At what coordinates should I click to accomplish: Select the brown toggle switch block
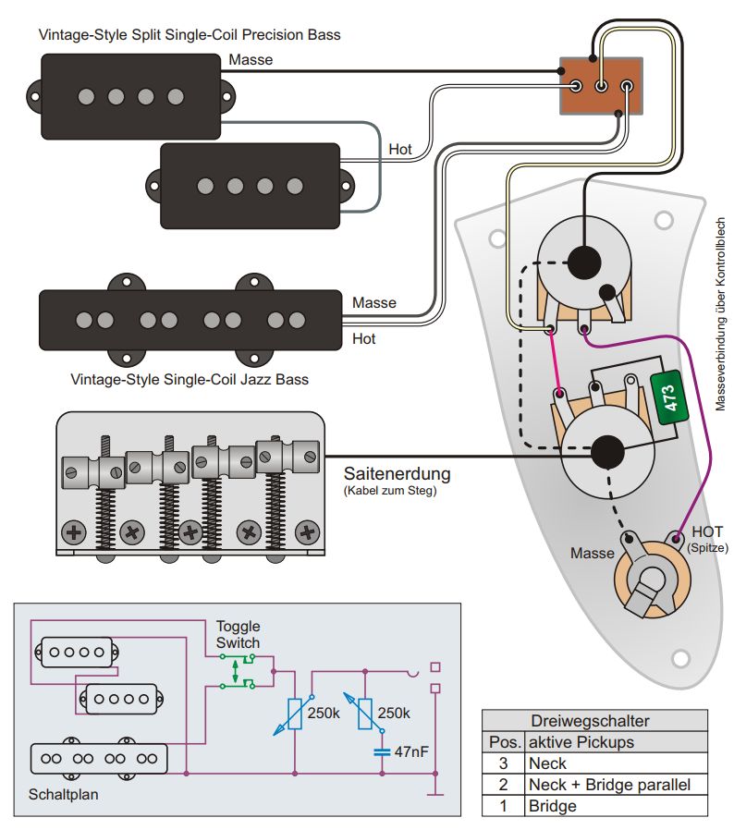[601, 87]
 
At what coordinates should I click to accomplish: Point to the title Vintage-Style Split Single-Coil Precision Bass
[190, 35]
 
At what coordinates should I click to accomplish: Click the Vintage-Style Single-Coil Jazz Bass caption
[190, 379]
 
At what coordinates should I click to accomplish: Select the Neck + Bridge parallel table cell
[610, 785]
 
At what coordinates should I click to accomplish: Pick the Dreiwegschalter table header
[594, 721]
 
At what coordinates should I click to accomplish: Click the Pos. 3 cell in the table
[504, 763]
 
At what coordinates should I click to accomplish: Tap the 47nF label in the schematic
[412, 751]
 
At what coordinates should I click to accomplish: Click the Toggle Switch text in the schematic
[238, 634]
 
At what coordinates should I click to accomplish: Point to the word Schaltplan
[63, 794]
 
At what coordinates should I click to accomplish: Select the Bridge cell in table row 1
[553, 806]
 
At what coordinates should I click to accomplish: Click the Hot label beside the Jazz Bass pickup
[364, 339]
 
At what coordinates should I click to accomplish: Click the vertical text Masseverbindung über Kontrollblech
[722, 314]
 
